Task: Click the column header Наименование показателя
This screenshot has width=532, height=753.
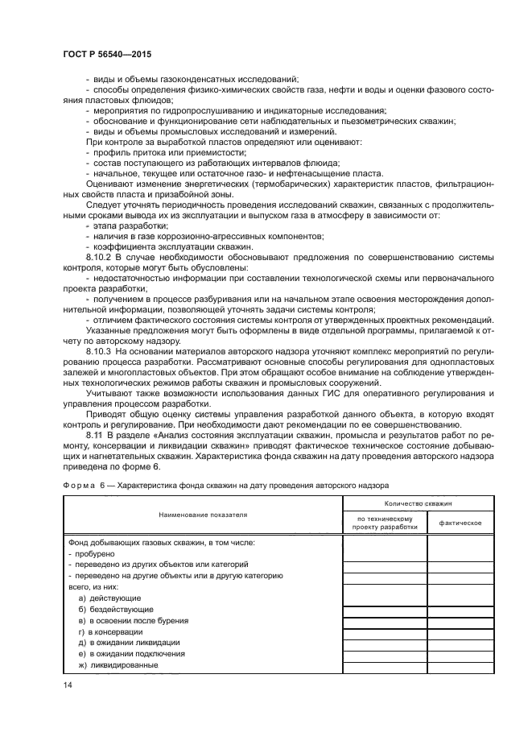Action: point(203,513)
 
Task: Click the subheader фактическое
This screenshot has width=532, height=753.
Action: point(459,523)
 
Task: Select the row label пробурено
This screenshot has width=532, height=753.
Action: point(95,553)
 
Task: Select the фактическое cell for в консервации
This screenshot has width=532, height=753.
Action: point(460,632)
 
